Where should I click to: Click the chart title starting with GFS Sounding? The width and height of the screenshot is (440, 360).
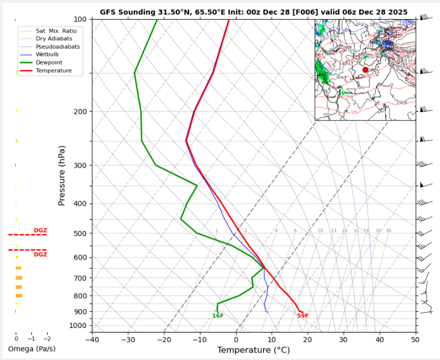(x=253, y=12)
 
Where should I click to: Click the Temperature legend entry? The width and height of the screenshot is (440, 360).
(x=53, y=71)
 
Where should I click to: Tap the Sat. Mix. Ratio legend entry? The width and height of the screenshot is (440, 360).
(x=56, y=30)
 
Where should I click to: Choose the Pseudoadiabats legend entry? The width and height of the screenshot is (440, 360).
(x=56, y=47)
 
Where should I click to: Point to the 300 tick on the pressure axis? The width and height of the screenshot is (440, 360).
(x=80, y=165)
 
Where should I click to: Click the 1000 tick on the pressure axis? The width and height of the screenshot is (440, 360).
(x=77, y=326)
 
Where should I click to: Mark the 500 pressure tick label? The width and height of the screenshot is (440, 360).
(x=80, y=233)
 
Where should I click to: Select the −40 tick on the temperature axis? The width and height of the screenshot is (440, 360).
(x=92, y=340)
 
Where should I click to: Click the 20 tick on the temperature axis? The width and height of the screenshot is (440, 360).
(x=308, y=340)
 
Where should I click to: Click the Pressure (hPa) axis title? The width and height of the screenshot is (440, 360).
(x=62, y=175)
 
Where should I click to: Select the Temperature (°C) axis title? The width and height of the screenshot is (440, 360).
(x=253, y=350)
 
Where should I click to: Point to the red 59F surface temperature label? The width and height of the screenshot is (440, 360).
(x=303, y=316)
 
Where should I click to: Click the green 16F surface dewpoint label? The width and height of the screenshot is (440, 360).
(x=218, y=316)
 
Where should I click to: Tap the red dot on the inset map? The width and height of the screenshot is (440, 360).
(x=365, y=70)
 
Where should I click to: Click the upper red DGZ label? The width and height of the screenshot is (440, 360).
(x=40, y=230)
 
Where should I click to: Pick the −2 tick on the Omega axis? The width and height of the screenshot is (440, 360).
(x=47, y=339)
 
